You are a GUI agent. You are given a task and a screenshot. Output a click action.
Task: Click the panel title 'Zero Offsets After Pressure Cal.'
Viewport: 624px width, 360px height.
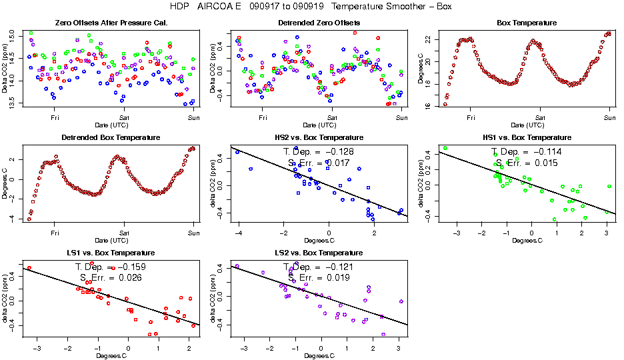111,23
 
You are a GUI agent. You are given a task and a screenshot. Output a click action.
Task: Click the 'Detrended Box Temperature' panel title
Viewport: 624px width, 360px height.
111,138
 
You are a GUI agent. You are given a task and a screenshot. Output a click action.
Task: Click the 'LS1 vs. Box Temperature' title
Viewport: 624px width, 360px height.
111,253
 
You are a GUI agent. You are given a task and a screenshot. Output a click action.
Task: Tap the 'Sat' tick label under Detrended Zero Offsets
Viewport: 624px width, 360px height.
333,119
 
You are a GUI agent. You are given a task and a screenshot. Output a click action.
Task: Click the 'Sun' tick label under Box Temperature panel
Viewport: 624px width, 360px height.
608,119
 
